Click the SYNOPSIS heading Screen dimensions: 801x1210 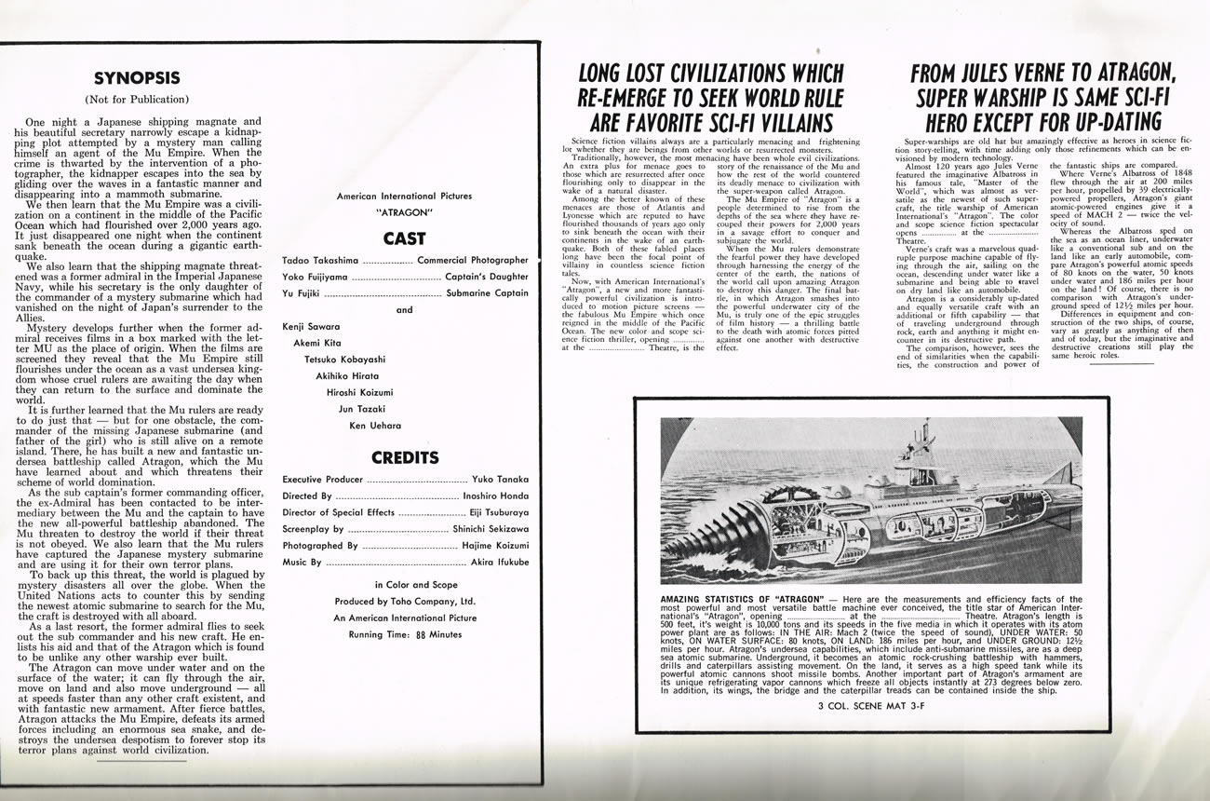(x=137, y=78)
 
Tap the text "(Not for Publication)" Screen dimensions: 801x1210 (x=137, y=99)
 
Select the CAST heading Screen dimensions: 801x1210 (x=404, y=238)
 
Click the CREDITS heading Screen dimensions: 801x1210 (x=404, y=457)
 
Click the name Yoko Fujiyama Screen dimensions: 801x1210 (x=316, y=277)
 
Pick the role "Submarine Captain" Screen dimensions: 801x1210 (x=487, y=293)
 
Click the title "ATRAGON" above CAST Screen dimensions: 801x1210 (x=404, y=212)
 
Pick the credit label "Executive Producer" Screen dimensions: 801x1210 (x=323, y=480)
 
